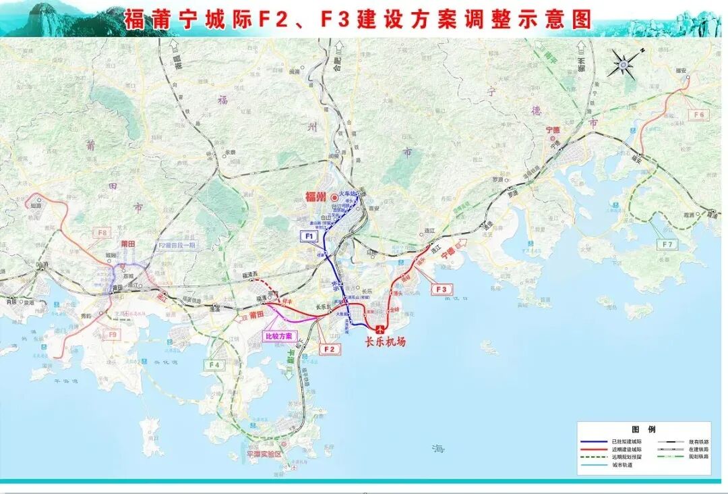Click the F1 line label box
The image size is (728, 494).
point(309,236)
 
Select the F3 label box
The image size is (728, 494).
point(442,290)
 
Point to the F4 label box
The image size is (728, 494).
point(214,365)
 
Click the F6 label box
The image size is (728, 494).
point(699,115)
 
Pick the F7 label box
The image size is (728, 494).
point(667,244)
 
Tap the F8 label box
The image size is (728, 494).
point(102,233)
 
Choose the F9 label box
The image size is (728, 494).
point(112,334)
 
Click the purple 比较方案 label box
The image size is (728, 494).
point(279,336)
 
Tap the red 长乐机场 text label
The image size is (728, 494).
point(386,342)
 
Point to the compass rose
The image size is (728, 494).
point(624,65)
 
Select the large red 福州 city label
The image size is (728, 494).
point(315,197)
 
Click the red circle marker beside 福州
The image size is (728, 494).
point(334,197)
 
